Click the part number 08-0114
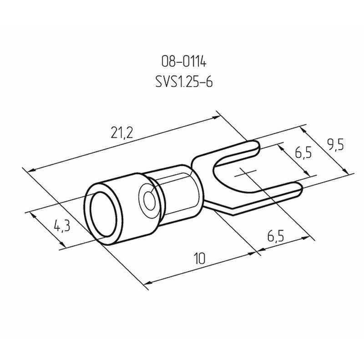[184, 62]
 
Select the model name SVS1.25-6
[184, 82]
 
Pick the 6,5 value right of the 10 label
[275, 236]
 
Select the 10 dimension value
[199, 258]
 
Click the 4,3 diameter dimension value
[62, 226]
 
